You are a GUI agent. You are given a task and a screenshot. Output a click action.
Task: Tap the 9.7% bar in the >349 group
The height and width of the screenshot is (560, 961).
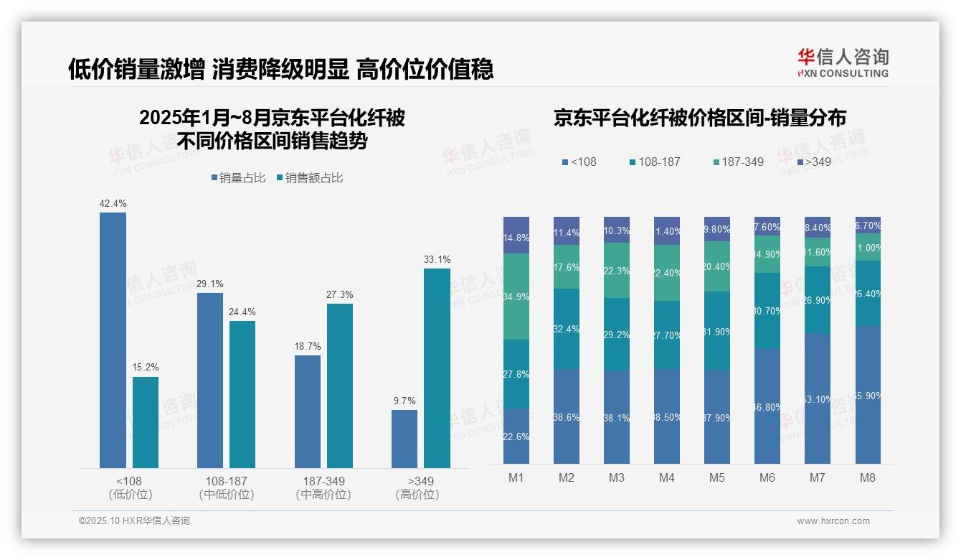click(404, 439)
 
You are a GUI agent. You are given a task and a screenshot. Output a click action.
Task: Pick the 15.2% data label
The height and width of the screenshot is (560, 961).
click(145, 367)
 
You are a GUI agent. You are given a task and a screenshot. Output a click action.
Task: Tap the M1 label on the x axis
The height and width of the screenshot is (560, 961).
click(516, 477)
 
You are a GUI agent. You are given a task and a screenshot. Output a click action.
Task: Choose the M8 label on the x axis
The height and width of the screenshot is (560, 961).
click(867, 477)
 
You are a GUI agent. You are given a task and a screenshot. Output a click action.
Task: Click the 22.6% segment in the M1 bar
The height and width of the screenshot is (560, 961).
click(516, 436)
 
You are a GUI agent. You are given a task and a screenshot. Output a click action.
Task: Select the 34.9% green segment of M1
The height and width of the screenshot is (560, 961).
click(516, 297)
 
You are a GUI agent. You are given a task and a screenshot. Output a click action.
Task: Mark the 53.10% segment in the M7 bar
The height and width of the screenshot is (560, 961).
click(818, 398)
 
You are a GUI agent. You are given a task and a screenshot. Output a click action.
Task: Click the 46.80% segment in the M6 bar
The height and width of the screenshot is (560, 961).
click(767, 406)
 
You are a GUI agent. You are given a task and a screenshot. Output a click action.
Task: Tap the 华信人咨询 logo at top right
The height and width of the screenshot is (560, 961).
click(843, 62)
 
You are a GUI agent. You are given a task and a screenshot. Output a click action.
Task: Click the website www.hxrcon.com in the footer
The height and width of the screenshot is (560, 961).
click(833, 521)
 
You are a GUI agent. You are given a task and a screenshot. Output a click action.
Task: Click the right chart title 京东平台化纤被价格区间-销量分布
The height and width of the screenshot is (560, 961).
click(699, 118)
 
